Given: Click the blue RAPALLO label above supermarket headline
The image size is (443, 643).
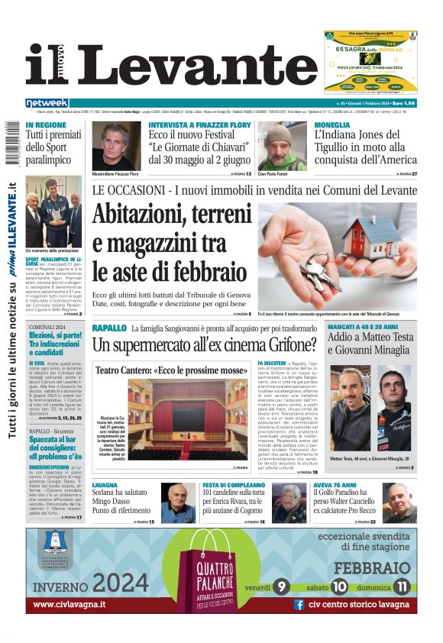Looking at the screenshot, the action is coord(109,328).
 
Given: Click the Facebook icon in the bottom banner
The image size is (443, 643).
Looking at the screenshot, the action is coord(299,604).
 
